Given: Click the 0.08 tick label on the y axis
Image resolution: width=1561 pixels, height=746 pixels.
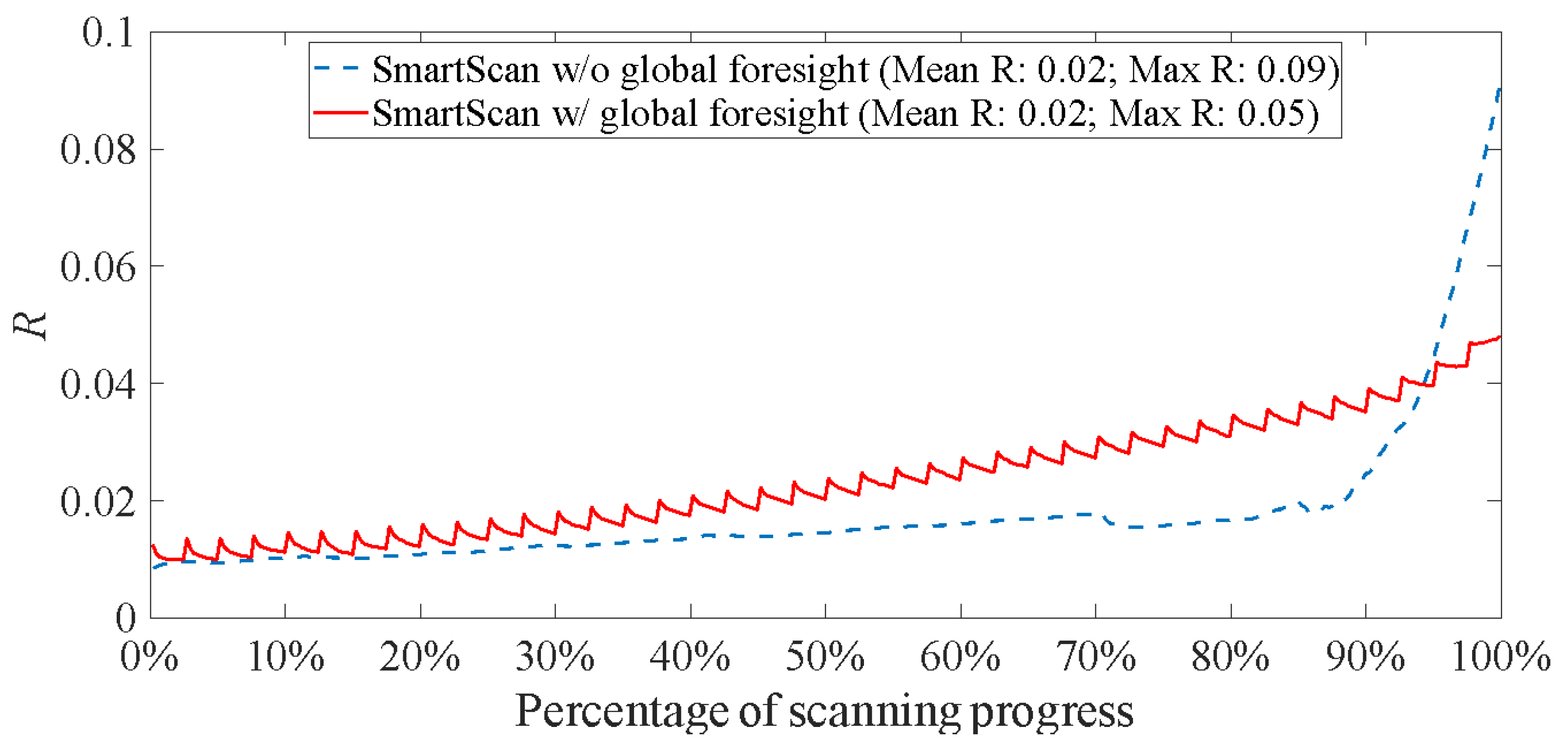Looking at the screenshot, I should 98,150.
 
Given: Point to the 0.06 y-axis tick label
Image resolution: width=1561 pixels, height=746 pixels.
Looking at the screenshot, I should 98,267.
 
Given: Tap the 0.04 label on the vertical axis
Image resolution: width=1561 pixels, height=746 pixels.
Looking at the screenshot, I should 98,384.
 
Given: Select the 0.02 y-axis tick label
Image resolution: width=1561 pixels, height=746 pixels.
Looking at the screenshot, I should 98,502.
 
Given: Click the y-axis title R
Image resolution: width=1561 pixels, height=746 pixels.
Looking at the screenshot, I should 30,326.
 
